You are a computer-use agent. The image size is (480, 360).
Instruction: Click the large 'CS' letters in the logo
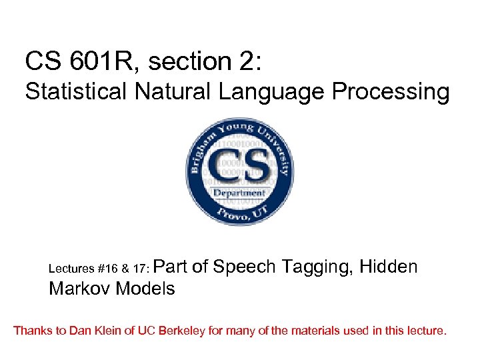point(239,167)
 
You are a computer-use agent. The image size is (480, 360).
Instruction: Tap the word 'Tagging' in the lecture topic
point(317,267)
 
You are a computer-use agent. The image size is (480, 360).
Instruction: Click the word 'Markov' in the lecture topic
point(79,289)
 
